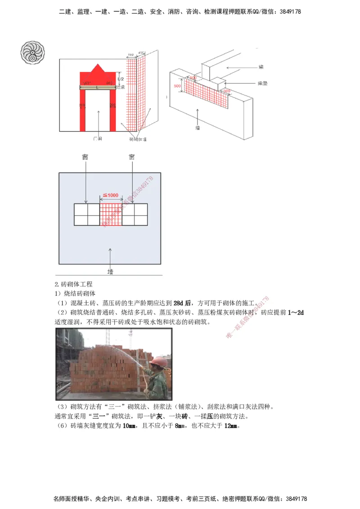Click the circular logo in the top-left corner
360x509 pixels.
32,52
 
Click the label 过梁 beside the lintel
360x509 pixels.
120,88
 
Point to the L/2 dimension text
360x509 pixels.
120,79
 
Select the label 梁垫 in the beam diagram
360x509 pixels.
263,84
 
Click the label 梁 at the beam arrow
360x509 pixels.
261,67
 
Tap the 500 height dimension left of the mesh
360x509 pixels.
177,86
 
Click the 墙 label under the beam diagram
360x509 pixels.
197,128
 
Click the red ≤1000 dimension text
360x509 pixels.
110,195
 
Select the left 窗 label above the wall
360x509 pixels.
85,157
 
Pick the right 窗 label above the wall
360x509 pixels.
131,157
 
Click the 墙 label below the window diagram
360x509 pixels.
110,271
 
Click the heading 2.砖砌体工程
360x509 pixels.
73,285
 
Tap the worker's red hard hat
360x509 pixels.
158,362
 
